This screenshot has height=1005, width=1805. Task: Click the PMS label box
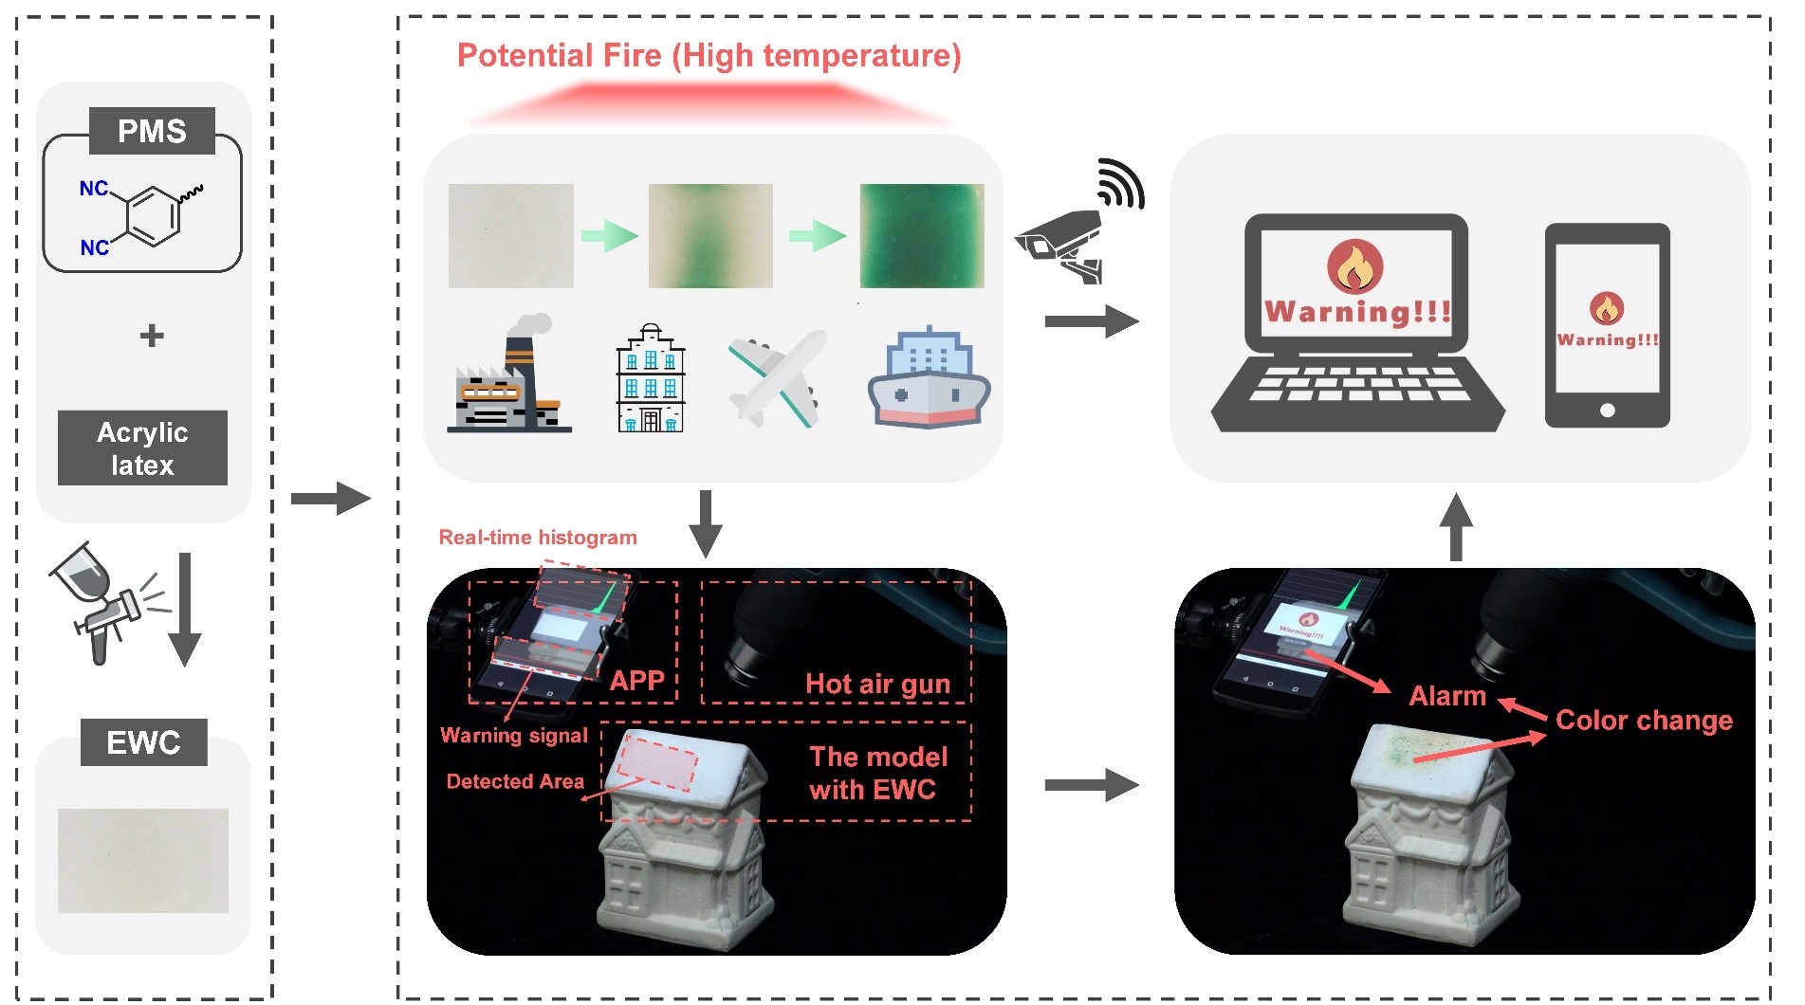[x=152, y=131]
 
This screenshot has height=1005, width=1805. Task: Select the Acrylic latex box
[x=142, y=448]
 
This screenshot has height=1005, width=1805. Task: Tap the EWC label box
[x=143, y=742]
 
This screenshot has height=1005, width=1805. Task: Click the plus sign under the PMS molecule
[x=152, y=336]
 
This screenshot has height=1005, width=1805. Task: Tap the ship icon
[x=929, y=379]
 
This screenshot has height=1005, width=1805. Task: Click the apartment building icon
[x=651, y=379]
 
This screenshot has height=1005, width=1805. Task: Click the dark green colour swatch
[x=922, y=236]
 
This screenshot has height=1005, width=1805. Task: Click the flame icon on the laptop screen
[x=1355, y=266]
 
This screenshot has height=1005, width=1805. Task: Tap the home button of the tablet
[x=1607, y=411]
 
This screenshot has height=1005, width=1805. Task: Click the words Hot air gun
[x=877, y=684]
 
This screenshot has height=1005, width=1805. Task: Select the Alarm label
[x=1447, y=696]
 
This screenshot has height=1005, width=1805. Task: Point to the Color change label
[x=1644, y=721]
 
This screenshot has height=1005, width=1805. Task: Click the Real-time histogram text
[x=538, y=538]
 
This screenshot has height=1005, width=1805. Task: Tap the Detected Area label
[x=515, y=781]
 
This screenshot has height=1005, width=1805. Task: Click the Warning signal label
[x=514, y=736]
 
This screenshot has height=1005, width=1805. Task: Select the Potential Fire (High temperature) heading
[x=709, y=56]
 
